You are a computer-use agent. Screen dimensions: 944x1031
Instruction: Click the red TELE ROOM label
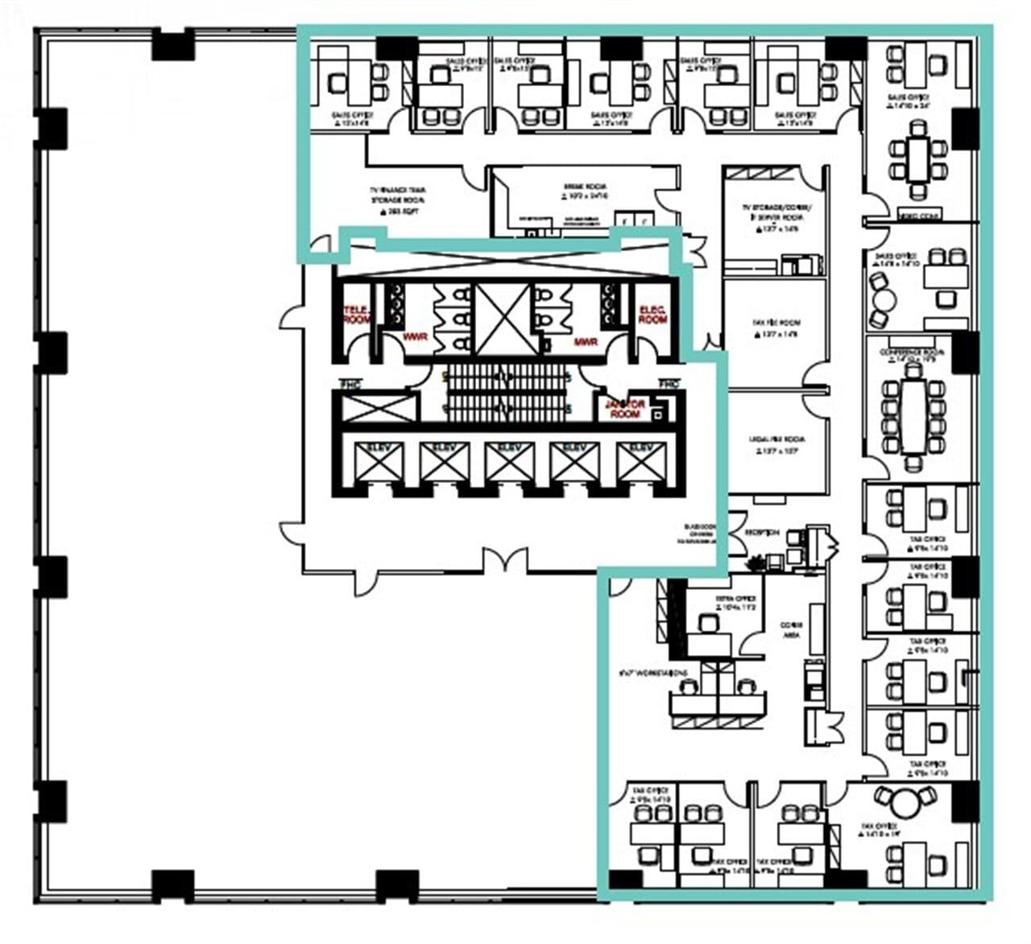(356, 315)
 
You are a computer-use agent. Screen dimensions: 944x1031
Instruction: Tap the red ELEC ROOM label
(652, 315)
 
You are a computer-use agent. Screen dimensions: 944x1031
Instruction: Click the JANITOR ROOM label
(625, 409)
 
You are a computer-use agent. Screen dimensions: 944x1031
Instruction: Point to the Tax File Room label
(776, 326)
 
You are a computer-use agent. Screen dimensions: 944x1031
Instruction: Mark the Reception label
(761, 533)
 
